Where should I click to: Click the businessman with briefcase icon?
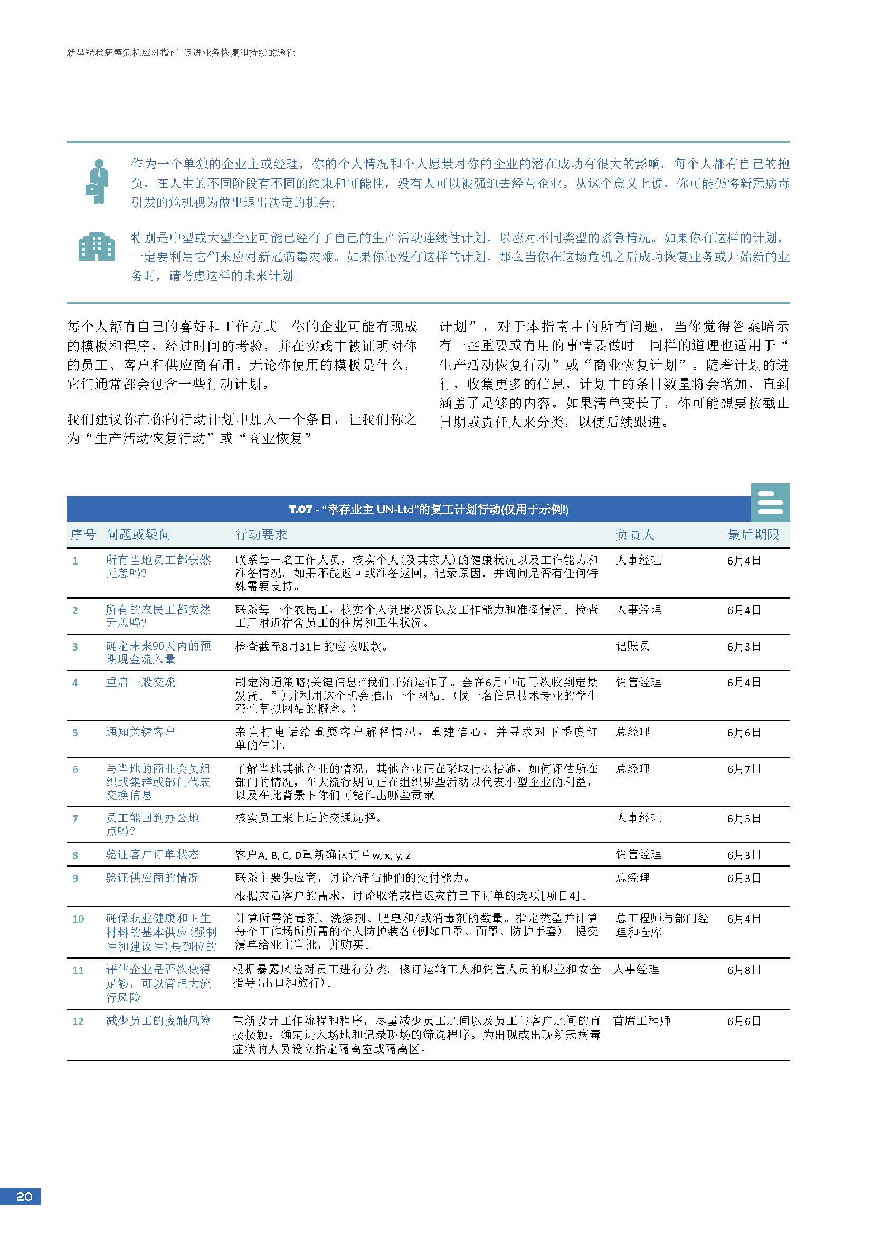coord(97,181)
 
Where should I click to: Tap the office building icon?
coord(97,248)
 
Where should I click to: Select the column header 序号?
coord(82,534)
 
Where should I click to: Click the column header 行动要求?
coord(261,534)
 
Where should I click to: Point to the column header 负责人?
coord(635,534)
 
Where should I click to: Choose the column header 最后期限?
coord(753,534)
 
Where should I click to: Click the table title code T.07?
coord(300,510)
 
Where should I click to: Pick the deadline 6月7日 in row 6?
coord(744,769)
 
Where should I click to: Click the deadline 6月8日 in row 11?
coord(744,970)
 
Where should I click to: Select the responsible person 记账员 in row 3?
coord(632,646)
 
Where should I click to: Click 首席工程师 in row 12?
coord(642,1021)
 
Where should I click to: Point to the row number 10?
coord(78,919)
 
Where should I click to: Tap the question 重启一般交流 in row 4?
coord(140,683)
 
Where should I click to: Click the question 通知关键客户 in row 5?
coord(140,732)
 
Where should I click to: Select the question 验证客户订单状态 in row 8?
coord(152,855)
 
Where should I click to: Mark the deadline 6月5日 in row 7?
coord(744,819)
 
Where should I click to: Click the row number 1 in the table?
coord(75,561)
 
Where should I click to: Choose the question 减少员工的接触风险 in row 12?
coord(158,1021)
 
